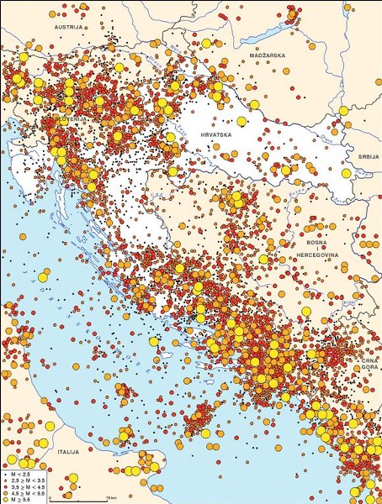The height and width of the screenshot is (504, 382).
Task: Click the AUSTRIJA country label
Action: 66,27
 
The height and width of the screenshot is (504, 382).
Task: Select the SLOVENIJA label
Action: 72,119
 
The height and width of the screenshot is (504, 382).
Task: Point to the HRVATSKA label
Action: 216,134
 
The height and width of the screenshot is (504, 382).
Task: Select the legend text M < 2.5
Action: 19,465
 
